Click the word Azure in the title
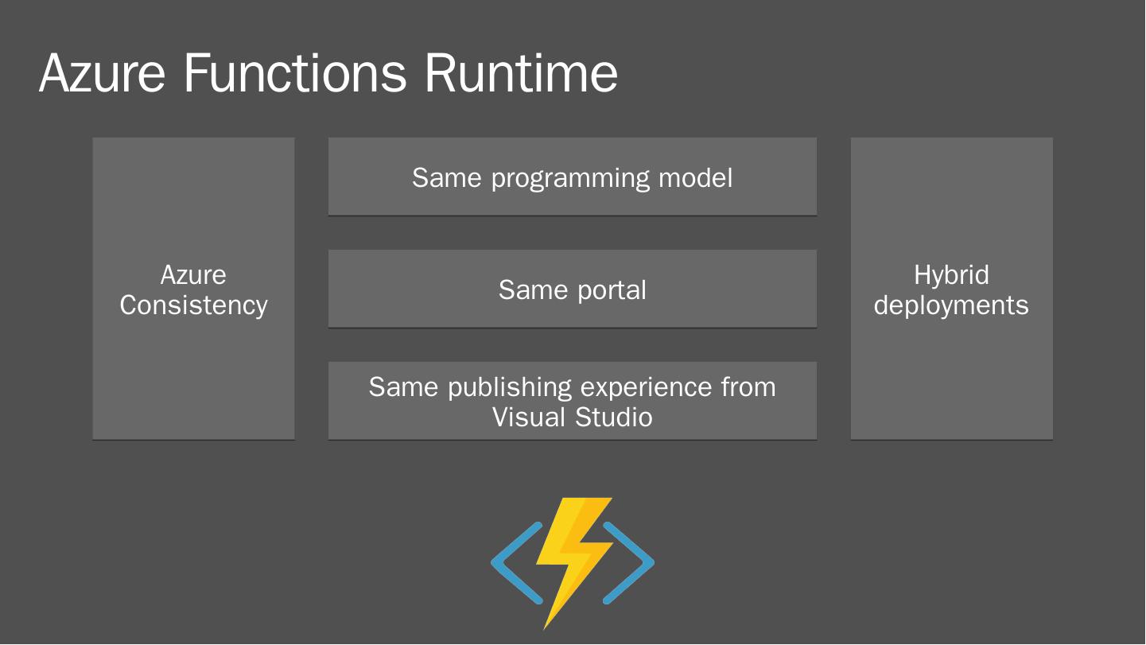click(x=102, y=72)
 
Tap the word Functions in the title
click(x=294, y=72)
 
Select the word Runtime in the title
click(x=521, y=72)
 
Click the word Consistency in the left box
click(x=193, y=305)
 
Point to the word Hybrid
click(x=951, y=275)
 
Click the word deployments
click(x=951, y=306)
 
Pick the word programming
click(x=569, y=178)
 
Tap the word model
click(x=695, y=178)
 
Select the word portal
click(x=612, y=290)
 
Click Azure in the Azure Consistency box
click(x=193, y=275)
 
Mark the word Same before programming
click(x=447, y=178)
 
